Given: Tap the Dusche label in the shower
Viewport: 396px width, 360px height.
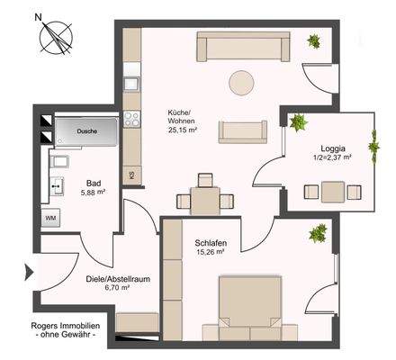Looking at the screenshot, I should pos(86,131).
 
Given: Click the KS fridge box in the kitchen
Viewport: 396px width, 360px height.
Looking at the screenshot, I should pos(132,175).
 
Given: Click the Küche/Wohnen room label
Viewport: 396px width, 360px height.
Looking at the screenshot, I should pos(179,118).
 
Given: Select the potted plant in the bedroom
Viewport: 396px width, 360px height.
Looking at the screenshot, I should pos(317,235).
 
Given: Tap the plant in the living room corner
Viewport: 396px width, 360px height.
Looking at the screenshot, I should pos(315,40).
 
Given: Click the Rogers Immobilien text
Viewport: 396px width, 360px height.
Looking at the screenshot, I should pos(66,328).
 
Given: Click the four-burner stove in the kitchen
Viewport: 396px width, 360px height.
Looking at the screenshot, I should pos(131,117).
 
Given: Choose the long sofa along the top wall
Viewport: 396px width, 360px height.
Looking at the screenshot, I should pos(243,47).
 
